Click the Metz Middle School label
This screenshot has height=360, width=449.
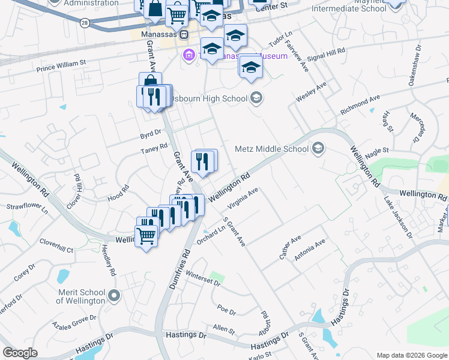(272, 149)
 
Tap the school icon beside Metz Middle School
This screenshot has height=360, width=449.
(318, 148)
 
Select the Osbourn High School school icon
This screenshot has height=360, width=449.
(257, 98)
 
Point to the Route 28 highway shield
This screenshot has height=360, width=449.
(85, 22)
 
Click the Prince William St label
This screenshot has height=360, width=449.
(61, 65)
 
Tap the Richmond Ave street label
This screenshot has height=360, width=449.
(360, 104)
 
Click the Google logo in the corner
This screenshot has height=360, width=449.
(20, 353)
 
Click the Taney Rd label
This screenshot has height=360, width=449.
(154, 150)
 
